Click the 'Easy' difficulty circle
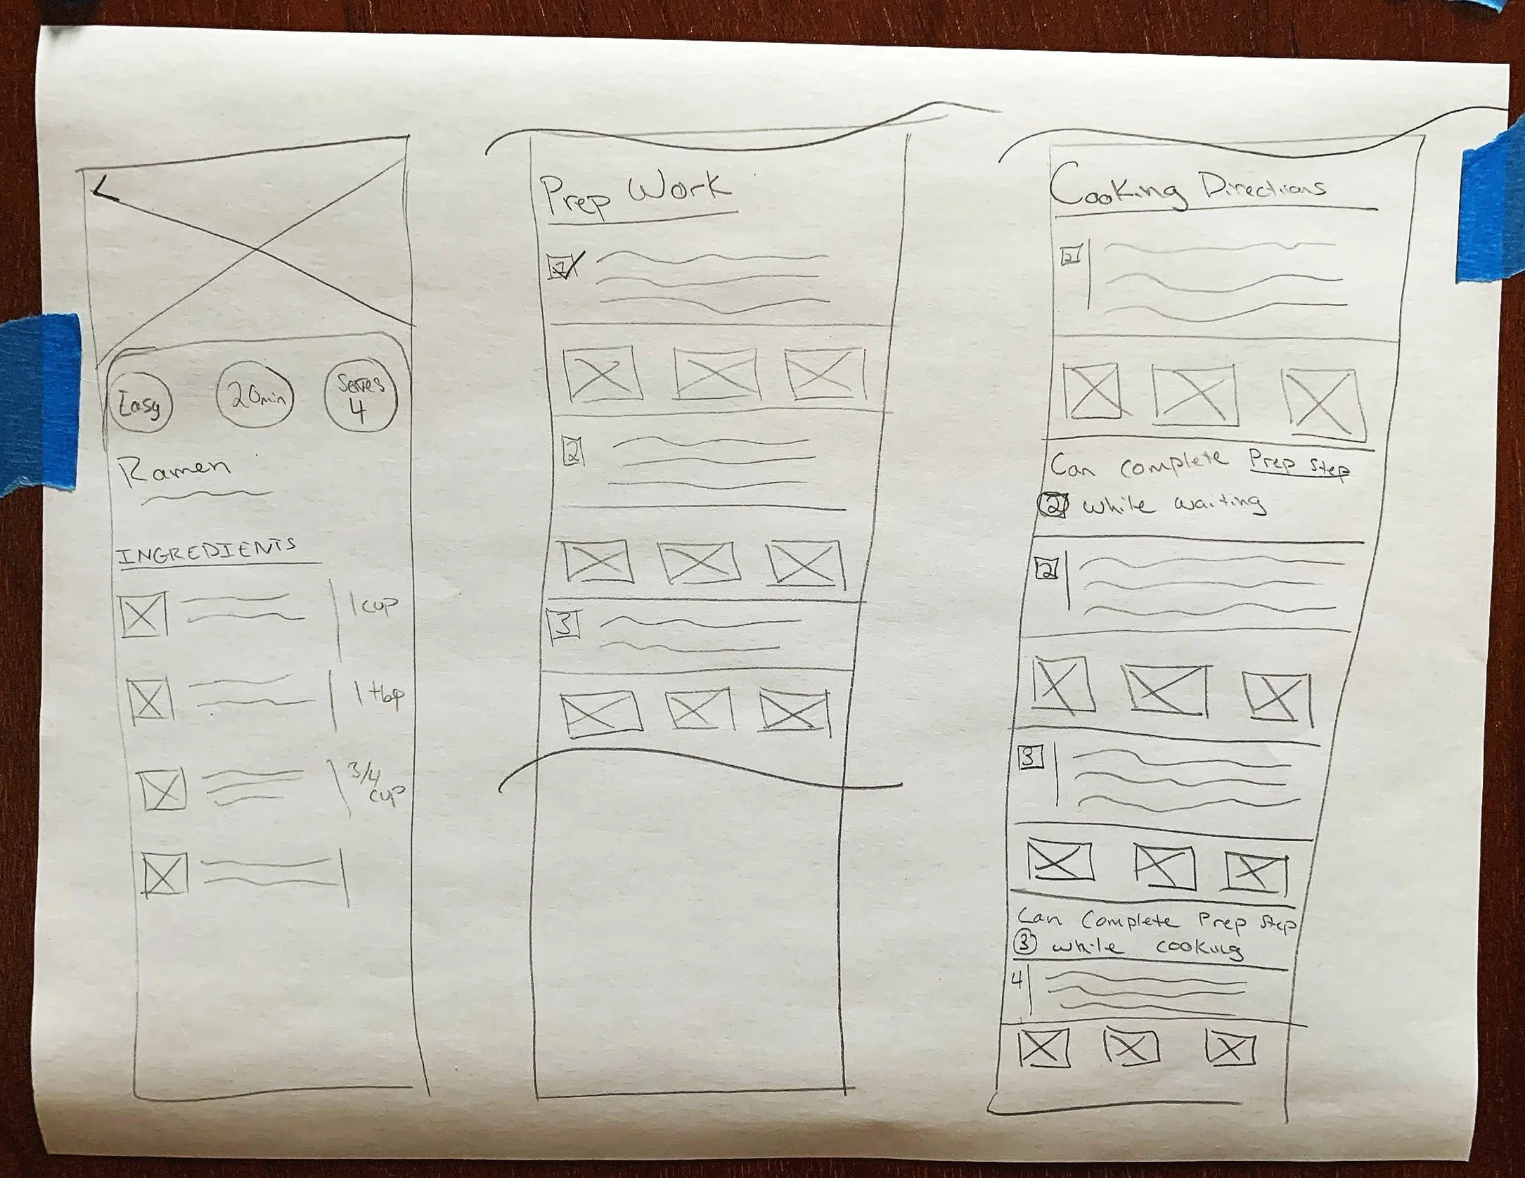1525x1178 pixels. (140, 405)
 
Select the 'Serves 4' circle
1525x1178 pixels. (360, 398)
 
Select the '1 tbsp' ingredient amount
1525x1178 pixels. (380, 696)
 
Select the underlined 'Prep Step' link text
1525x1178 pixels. (1298, 464)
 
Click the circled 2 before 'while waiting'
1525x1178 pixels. (1053, 505)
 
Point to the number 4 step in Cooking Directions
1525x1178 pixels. (1017, 980)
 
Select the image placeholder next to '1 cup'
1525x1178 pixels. (143, 615)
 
